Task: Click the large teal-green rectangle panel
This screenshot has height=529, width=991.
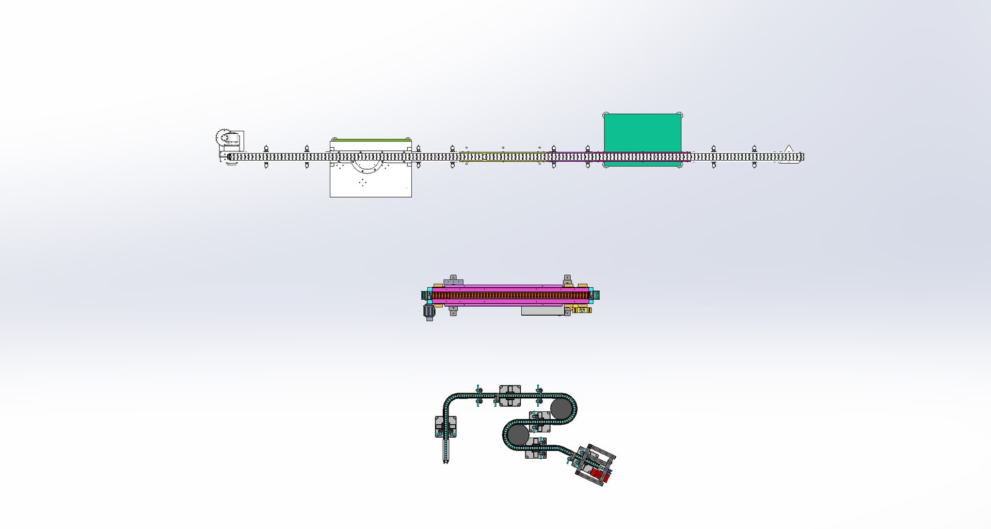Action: (642, 133)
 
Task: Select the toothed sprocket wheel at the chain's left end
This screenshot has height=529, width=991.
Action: (222, 137)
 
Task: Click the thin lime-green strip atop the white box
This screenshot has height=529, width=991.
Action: (371, 139)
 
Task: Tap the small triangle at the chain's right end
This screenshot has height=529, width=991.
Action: (788, 149)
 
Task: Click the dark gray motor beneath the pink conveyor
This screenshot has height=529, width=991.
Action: (429, 312)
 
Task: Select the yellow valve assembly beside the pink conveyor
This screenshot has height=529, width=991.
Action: (582, 310)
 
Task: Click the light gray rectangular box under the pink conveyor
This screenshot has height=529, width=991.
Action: (542, 310)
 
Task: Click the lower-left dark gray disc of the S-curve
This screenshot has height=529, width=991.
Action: (518, 435)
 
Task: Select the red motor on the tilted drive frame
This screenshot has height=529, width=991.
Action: (599, 474)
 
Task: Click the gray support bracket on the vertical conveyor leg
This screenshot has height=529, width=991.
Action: (445, 426)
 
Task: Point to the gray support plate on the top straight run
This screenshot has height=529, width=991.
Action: (509, 395)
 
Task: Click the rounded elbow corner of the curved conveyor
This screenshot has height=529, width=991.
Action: (450, 401)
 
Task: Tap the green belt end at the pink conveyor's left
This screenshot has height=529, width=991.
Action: (425, 295)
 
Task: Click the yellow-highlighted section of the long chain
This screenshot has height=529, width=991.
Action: (503, 157)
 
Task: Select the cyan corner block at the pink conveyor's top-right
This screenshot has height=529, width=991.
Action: (590, 290)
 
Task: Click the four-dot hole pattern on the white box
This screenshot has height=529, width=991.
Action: (362, 182)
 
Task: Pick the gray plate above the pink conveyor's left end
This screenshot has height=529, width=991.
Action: (453, 282)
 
